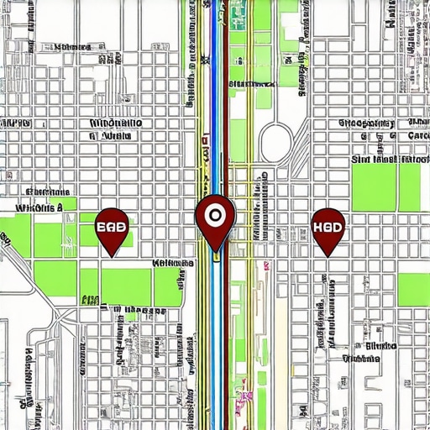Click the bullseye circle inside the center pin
(x=215, y=214)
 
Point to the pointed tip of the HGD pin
(x=327, y=255)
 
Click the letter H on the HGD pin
(x=317, y=226)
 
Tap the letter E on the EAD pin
(x=102, y=226)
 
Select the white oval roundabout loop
(x=276, y=143)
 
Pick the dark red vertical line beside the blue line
(x=226, y=101)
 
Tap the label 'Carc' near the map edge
(x=417, y=135)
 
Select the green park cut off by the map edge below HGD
(x=413, y=290)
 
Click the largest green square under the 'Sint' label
(x=373, y=186)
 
